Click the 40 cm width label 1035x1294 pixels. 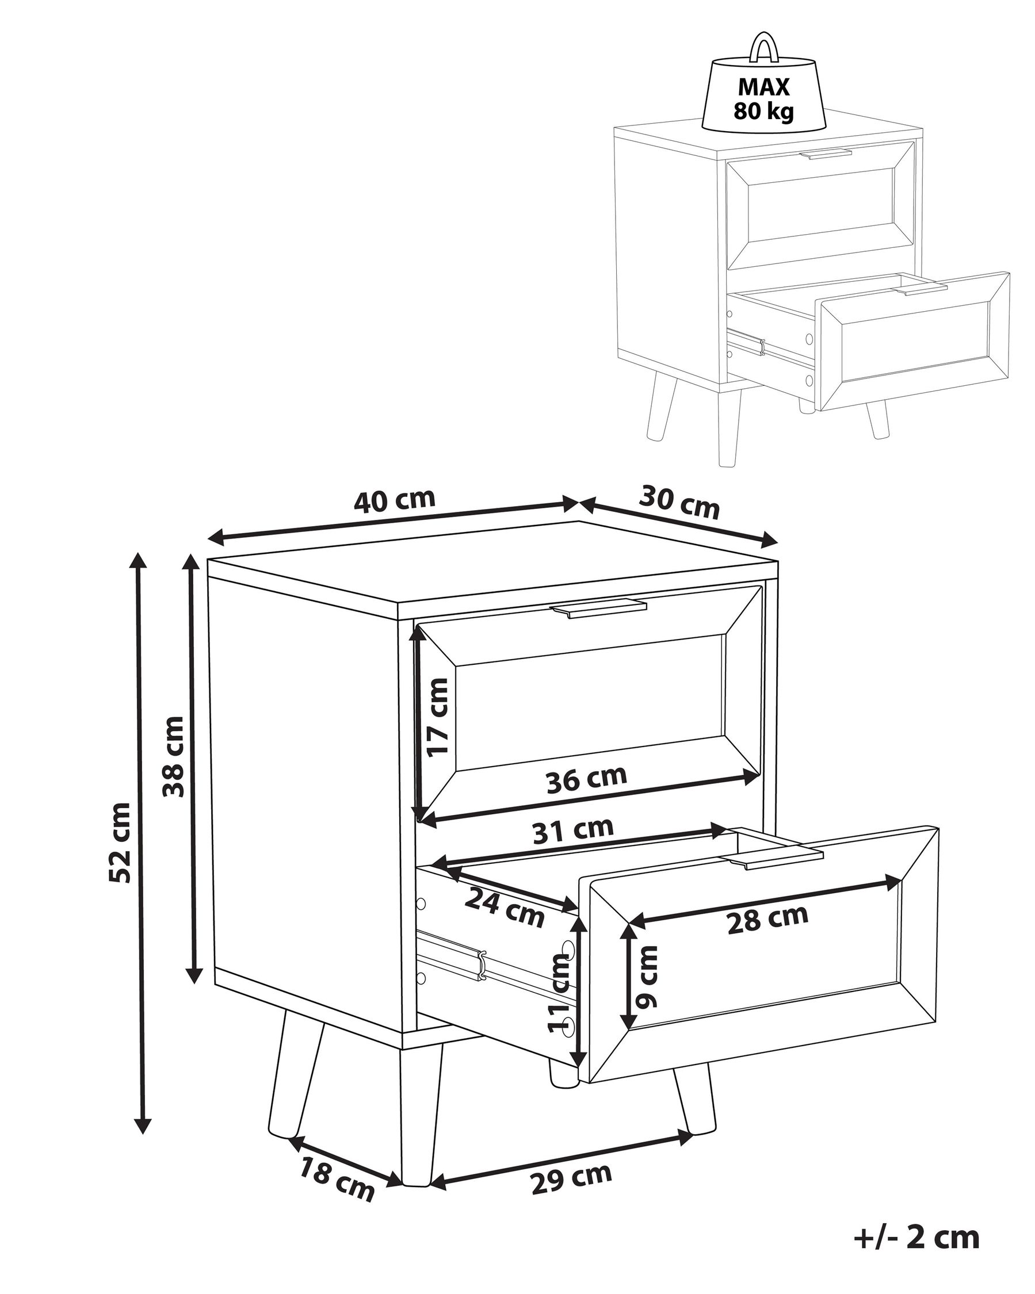coord(394,500)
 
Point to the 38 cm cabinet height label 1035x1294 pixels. coord(174,756)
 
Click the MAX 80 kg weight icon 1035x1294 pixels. coord(763,96)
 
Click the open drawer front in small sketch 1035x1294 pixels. coord(912,340)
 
